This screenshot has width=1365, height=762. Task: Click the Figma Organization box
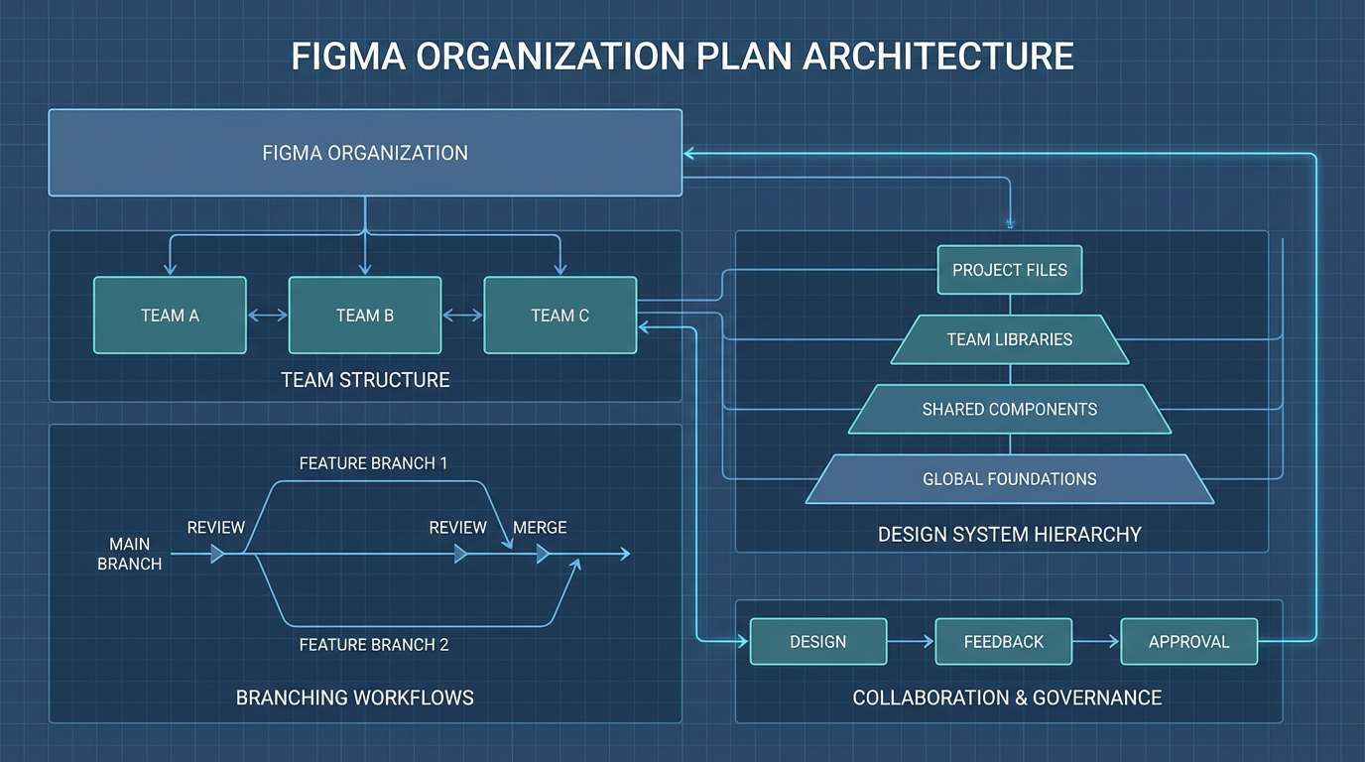tap(365, 153)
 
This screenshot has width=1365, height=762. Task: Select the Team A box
tap(170, 316)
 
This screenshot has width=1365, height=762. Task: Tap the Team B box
tap(365, 316)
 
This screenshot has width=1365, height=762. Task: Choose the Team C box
tap(559, 316)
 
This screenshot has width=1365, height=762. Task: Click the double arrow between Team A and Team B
tap(268, 316)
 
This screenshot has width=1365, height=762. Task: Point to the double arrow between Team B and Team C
tap(462, 316)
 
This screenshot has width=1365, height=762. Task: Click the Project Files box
tap(1009, 270)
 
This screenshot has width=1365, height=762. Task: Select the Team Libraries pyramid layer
tap(1009, 339)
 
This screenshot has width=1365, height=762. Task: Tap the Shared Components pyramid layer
tap(1009, 409)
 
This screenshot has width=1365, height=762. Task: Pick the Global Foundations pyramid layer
tap(1009, 479)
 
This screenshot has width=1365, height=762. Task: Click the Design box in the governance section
tap(817, 642)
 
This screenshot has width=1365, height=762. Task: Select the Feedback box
tap(1003, 642)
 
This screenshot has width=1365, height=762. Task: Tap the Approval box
tap(1188, 642)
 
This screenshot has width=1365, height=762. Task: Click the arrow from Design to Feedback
tap(911, 642)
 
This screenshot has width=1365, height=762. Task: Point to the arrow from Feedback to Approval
tap(1096, 642)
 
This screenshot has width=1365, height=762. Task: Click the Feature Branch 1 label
tap(373, 463)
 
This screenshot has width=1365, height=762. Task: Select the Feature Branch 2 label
tap(373, 645)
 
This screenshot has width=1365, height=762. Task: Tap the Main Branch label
tap(129, 554)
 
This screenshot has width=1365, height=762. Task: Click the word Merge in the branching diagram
tap(540, 527)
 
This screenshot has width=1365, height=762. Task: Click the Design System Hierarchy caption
tap(1009, 535)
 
